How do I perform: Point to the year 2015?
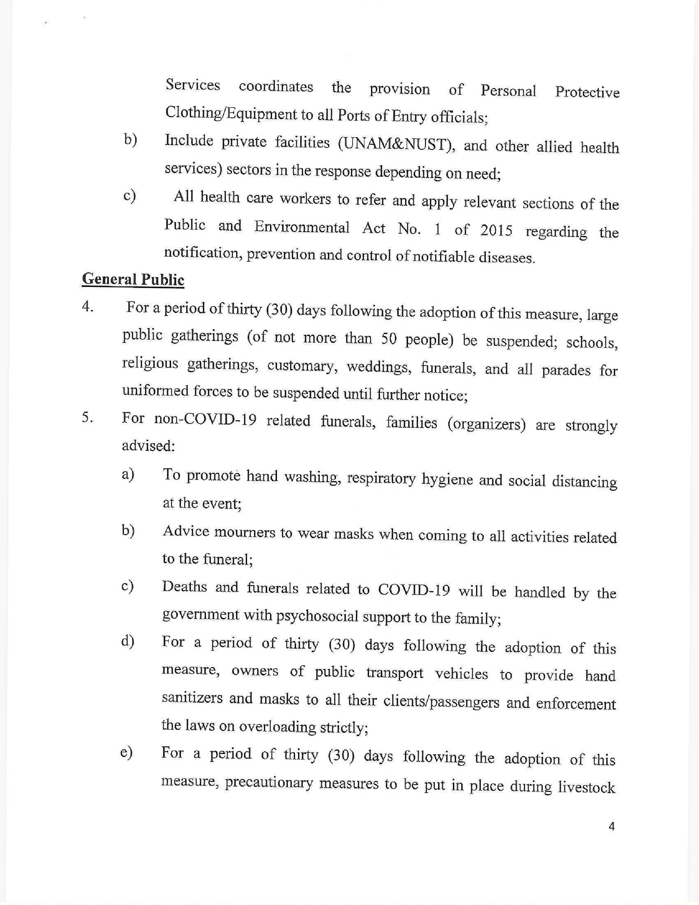click(x=496, y=230)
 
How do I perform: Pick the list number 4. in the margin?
click(x=87, y=307)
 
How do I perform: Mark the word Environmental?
click(x=301, y=227)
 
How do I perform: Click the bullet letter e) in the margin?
click(x=126, y=752)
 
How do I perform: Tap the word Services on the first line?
click(x=192, y=85)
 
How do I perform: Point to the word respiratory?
click(x=381, y=478)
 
